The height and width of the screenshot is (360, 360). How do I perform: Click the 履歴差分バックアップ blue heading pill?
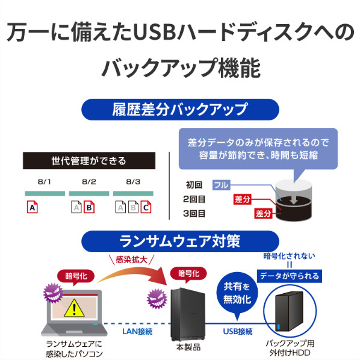pos(180,110)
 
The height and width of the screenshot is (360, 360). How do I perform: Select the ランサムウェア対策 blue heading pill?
pos(180,241)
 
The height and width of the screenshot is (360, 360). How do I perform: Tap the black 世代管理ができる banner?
pos(89,161)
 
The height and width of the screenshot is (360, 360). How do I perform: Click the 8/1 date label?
pos(45,182)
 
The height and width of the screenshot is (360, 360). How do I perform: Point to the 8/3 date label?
pos(133,182)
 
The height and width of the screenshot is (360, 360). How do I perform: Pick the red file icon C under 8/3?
pos(146,207)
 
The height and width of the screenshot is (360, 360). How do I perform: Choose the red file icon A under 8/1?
pos(33,207)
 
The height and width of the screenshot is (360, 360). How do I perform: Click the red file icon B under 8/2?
pos(89,207)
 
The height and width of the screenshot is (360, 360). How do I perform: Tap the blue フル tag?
pos(222,185)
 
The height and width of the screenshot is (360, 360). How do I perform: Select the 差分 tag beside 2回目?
pos(242,199)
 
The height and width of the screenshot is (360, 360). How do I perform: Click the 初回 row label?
pos(194,185)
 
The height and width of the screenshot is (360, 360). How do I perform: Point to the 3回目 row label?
pos(194,214)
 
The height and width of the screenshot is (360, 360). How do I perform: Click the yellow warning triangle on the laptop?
pos(74,309)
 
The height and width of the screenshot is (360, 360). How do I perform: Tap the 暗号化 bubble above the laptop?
pos(76,276)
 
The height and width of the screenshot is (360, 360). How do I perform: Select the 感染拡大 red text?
pos(132,260)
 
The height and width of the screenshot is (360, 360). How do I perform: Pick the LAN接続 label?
pos(137,332)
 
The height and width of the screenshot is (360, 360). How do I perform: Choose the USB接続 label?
pos(238,332)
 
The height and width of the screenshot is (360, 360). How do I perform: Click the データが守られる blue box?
pos(290,276)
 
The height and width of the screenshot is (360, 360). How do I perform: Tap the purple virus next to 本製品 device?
pos(157,299)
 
